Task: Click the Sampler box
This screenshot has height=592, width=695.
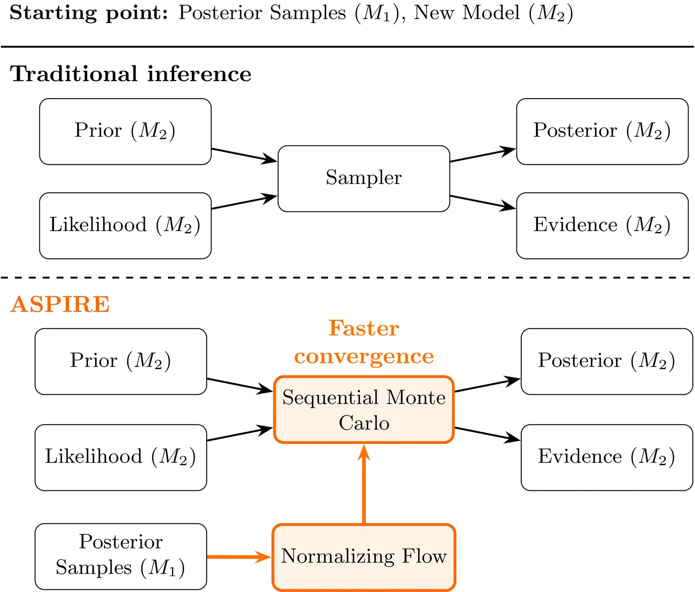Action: (x=364, y=179)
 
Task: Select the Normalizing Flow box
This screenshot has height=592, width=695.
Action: (x=364, y=557)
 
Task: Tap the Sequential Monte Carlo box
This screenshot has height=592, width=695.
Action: (x=364, y=410)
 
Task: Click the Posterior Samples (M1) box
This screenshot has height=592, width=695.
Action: (x=121, y=556)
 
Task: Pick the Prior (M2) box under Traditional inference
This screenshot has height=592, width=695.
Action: (x=125, y=131)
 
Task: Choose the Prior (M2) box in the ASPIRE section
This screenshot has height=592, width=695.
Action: (x=121, y=361)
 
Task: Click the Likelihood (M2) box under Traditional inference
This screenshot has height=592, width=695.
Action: (x=125, y=225)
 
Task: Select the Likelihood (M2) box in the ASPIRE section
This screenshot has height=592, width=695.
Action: (x=121, y=457)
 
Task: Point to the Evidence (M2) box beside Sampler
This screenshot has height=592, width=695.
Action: (x=602, y=225)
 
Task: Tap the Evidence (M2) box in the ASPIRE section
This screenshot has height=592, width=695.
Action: (x=606, y=457)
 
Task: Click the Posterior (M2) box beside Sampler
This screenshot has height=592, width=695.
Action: (x=602, y=131)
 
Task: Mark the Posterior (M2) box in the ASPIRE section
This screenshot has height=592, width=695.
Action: (x=606, y=361)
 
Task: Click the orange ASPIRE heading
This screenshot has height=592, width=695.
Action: (x=60, y=304)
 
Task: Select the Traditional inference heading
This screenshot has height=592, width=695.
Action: (x=130, y=74)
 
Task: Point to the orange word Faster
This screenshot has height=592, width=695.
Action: (x=364, y=328)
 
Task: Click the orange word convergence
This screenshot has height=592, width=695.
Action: (x=364, y=357)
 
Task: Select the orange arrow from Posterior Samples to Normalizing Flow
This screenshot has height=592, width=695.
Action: (x=239, y=556)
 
